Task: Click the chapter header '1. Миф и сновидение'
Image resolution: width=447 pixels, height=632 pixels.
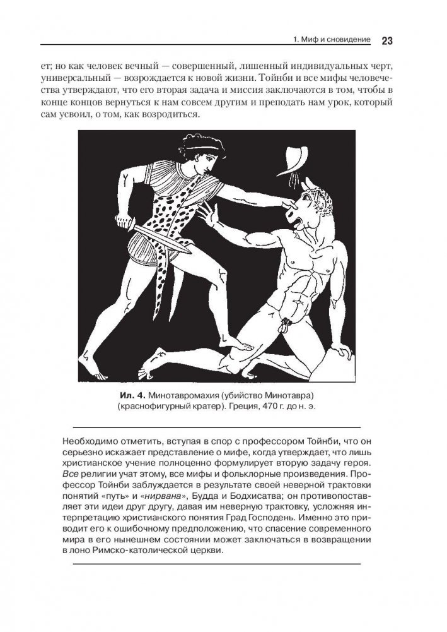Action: pyautogui.click(x=332, y=41)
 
